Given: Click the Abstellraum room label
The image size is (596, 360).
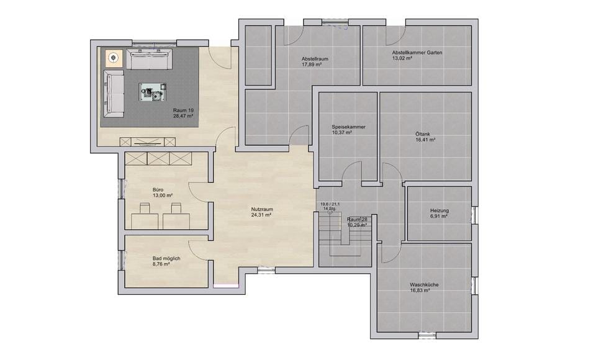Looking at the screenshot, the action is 315,59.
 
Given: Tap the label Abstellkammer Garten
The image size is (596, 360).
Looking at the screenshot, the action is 417,53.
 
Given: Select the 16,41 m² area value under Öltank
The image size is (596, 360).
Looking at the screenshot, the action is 425,140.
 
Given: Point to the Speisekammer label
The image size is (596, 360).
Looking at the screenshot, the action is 348,127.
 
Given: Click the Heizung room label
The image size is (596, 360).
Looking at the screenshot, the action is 440,210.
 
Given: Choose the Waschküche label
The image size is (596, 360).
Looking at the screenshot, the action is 424,285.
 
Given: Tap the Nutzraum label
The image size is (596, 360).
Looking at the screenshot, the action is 262,209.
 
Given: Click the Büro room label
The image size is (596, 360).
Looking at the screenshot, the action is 158,190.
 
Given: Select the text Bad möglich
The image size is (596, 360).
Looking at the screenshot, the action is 166,258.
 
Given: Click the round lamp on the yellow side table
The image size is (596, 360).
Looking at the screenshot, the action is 113,58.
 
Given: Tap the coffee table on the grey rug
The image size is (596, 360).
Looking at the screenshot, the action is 153,92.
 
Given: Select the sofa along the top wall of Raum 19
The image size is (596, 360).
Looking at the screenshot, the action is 149,59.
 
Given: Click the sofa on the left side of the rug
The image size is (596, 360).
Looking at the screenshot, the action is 114,94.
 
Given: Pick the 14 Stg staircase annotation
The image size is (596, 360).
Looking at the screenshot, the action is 329,209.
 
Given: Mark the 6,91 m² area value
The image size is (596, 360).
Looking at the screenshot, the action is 439,216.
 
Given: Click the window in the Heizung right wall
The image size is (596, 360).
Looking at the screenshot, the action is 475,215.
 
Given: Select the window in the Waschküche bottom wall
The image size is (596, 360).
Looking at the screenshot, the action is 427,335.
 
